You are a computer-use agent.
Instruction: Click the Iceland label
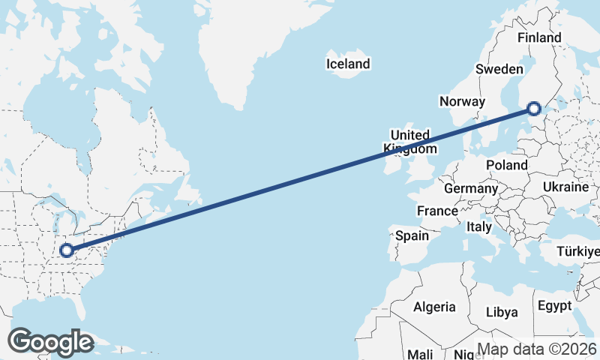click(x=348, y=64)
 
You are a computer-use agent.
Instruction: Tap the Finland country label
click(x=539, y=37)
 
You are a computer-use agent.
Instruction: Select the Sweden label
click(x=499, y=69)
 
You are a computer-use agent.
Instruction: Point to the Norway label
click(x=463, y=101)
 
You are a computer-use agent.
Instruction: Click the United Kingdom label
click(x=410, y=142)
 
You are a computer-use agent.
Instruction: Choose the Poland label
click(x=506, y=165)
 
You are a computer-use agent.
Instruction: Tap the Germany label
click(x=470, y=188)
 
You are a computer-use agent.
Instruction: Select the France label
click(x=437, y=211)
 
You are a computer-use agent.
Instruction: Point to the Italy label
click(x=478, y=226)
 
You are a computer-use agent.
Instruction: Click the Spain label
click(x=412, y=235)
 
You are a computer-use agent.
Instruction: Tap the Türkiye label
click(x=577, y=252)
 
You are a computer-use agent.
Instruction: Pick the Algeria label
click(x=434, y=307)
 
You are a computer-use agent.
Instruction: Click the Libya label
click(x=502, y=312)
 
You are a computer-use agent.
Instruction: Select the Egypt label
click(x=554, y=306)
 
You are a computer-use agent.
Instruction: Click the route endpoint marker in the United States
click(x=66, y=250)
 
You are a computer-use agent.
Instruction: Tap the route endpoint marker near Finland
click(x=533, y=109)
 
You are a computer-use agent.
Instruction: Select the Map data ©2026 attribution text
click(x=537, y=349)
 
